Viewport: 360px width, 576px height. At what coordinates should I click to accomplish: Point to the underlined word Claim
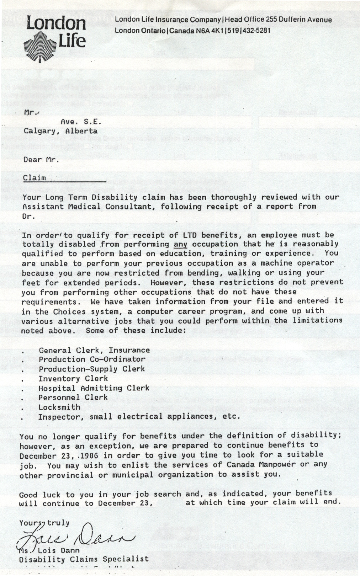tap(34, 177)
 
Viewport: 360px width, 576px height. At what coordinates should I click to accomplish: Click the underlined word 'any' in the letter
tap(180, 244)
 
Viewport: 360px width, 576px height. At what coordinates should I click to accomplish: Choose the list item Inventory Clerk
tap(73, 379)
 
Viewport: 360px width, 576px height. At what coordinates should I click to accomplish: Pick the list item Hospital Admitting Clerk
tap(94, 388)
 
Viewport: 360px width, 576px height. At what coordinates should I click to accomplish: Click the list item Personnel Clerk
tap(73, 398)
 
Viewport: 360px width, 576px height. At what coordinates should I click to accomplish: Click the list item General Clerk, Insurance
tap(94, 351)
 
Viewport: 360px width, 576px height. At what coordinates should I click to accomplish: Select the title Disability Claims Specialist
tap(84, 559)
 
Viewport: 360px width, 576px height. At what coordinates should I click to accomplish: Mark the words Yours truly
tap(44, 523)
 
